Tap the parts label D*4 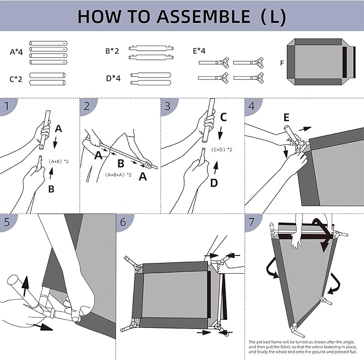click(113, 78)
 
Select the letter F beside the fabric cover click(282, 63)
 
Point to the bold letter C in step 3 click(224, 116)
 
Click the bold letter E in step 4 click(286, 116)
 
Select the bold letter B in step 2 click(121, 163)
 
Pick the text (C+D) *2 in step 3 click(221, 149)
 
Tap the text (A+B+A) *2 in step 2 click(118, 174)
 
